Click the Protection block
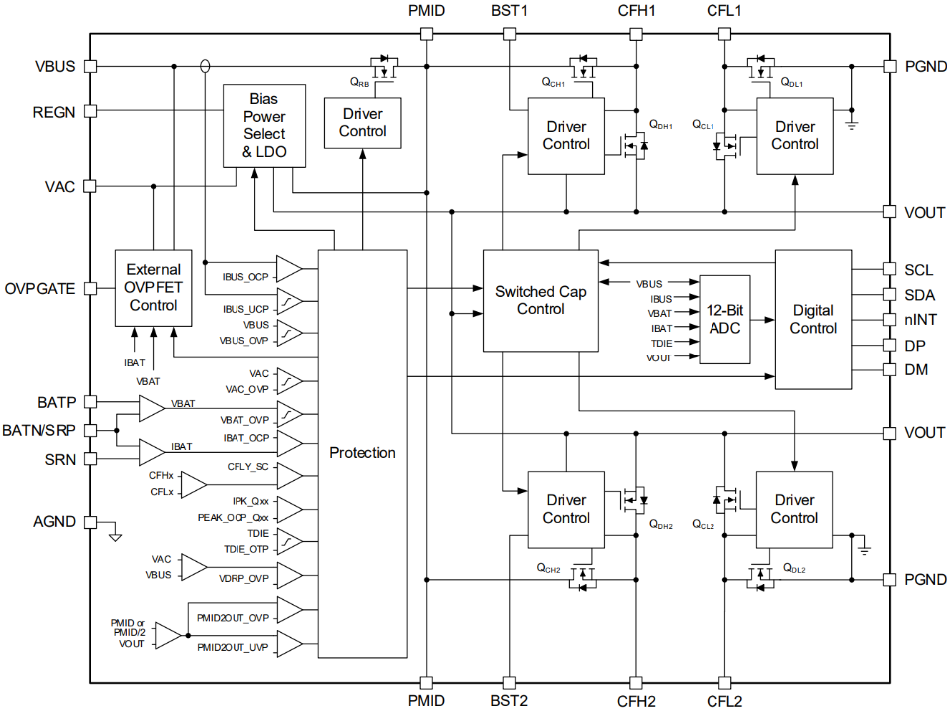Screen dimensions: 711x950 click(362, 453)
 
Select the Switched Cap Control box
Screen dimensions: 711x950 click(540, 300)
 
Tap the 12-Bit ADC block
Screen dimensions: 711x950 click(724, 319)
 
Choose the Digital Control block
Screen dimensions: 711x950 click(814, 319)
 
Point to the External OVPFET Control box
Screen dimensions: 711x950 click(153, 287)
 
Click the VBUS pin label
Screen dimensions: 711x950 click(55, 67)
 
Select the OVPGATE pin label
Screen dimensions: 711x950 click(40, 289)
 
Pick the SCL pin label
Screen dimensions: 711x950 click(918, 270)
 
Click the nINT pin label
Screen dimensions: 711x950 click(919, 320)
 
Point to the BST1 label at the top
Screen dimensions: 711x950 click(509, 12)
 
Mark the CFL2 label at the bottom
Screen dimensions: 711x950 click(723, 700)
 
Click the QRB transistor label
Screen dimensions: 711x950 click(360, 82)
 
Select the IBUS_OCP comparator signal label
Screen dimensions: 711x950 click(244, 275)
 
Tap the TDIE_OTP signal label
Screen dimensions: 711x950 click(245, 549)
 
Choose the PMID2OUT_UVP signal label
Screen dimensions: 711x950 click(234, 647)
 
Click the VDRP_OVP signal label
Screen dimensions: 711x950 click(244, 577)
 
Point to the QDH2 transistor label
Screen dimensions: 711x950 click(660, 525)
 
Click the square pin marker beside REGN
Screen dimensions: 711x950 click(90, 112)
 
